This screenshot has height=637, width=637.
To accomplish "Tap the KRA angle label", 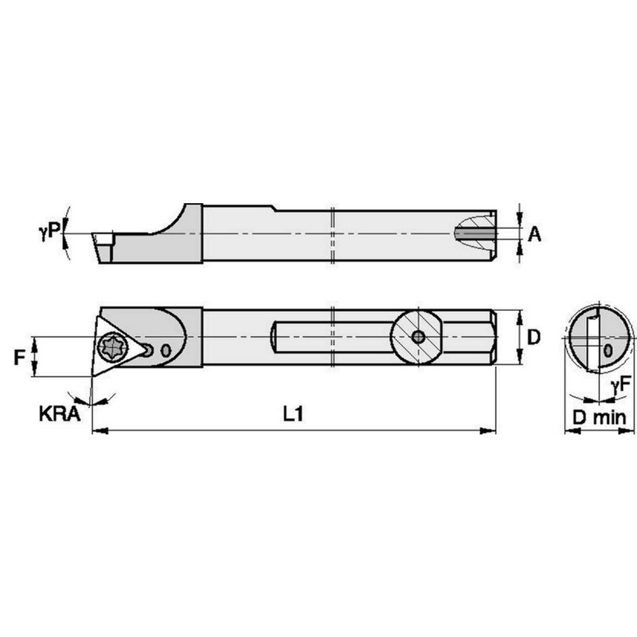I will coord(59,415).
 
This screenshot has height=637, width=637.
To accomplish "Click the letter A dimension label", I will coord(535,234).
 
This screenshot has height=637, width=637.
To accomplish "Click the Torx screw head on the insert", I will coord(112,348).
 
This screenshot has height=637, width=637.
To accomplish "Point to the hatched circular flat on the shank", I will coord(417,337).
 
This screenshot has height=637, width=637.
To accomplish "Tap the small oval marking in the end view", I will coord(608,350).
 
